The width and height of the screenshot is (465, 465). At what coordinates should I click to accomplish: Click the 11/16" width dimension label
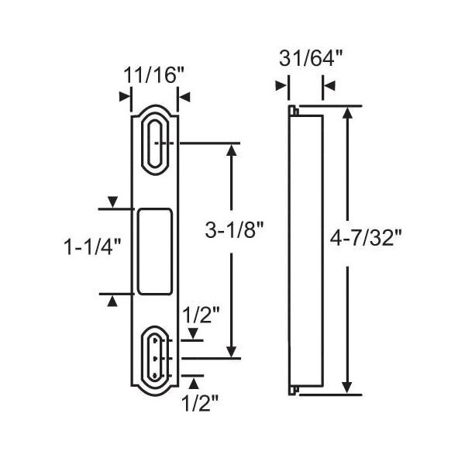[x=154, y=75]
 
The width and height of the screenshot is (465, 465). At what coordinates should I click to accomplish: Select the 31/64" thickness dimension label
[x=311, y=58]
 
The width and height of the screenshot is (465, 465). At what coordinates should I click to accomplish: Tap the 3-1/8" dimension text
[x=234, y=230]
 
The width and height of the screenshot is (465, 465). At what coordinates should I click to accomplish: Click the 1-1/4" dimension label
[x=93, y=246]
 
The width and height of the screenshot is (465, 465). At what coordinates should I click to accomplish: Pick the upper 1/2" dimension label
[x=201, y=315]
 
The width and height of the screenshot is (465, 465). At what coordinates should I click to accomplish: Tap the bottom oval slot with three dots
[x=154, y=358]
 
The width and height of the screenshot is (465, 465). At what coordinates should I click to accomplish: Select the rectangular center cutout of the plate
[x=155, y=252]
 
